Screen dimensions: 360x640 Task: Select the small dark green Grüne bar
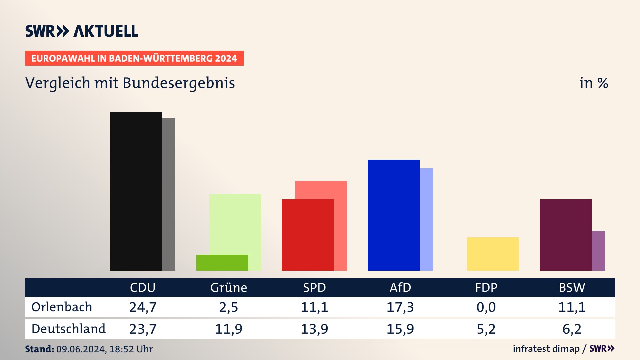coord(222,263)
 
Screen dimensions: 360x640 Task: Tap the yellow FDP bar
coord(492,254)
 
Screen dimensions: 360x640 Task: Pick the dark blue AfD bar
coord(394,215)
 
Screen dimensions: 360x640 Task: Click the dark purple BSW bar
coord(565,235)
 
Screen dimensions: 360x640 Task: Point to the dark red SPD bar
coord(308,235)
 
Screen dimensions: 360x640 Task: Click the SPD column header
coord(314,288)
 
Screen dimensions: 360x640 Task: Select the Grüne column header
coord(229,288)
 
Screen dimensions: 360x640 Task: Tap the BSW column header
coord(572,288)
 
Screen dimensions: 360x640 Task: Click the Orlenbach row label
coord(62,307)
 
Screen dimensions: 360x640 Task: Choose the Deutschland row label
coord(68,329)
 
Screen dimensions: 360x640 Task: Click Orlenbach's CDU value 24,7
coord(143,307)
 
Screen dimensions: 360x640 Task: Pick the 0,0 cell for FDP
coord(486,307)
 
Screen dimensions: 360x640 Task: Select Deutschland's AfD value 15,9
coord(400,329)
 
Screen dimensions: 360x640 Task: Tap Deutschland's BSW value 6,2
coord(572,329)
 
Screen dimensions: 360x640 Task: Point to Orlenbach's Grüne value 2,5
coord(229,307)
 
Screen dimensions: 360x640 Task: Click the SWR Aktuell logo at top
coord(82,31)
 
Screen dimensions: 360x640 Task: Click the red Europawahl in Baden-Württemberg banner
coord(134,58)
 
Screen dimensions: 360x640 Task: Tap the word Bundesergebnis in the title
coord(179,83)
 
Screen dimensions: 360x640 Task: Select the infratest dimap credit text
coord(546,349)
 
